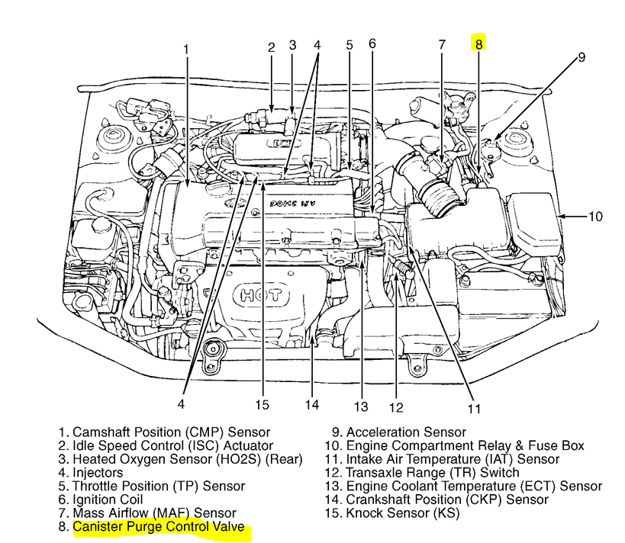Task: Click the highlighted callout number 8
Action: click(478, 44)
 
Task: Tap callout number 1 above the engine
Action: click(186, 50)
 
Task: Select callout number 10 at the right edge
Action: click(594, 217)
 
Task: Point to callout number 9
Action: click(582, 57)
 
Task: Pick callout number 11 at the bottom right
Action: click(475, 408)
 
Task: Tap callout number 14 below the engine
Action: click(311, 404)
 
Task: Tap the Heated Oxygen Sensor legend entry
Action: click(180, 459)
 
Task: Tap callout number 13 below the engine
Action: click(361, 406)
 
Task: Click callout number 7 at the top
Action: click(442, 44)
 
